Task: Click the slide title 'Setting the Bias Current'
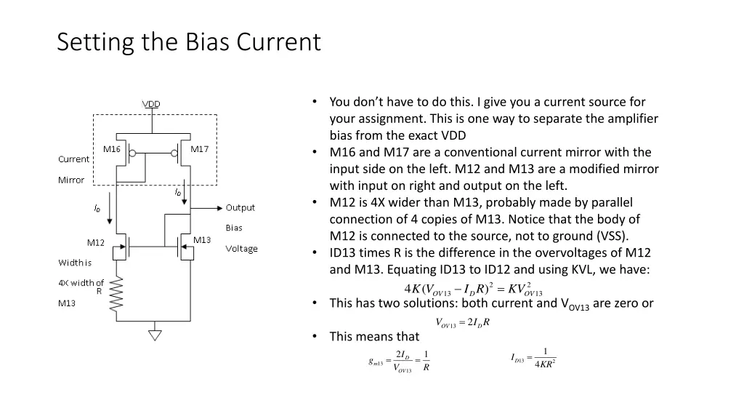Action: coord(188,41)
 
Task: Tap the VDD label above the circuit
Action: coord(151,104)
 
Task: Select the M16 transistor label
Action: coord(111,149)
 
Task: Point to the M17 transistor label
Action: coord(199,149)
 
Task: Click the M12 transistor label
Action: coord(96,242)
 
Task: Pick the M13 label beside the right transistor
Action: coord(202,240)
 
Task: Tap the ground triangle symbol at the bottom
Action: coord(154,335)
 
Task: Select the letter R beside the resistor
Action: coord(99,291)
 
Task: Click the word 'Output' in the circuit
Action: coord(240,208)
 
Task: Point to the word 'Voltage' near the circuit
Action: coord(241,249)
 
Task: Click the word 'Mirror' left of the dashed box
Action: coord(71,180)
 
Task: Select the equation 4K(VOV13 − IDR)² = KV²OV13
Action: coord(473,288)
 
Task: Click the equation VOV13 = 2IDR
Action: coord(462,323)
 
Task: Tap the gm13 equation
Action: coord(400,361)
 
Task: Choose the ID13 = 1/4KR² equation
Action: coord(533,358)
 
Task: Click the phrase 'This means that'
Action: coord(374,336)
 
